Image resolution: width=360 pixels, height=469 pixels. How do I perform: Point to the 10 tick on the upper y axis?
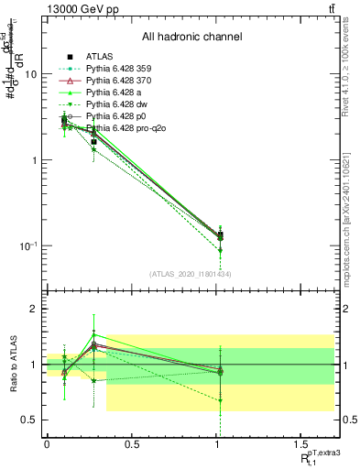[x=31, y=74]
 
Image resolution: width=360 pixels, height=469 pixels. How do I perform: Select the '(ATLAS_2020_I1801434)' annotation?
[x=191, y=274]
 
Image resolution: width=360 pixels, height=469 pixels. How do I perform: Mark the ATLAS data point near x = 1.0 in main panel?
[x=220, y=235]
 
